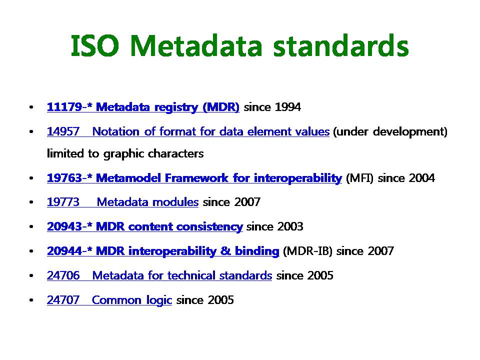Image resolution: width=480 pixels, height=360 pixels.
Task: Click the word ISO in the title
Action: pos(94,46)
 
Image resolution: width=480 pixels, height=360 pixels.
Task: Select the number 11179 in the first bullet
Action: pos(64,107)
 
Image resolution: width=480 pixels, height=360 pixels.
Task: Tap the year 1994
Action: pos(288,107)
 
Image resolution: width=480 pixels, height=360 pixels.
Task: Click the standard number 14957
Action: pos(63,131)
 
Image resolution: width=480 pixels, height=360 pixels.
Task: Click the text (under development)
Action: pos(390,132)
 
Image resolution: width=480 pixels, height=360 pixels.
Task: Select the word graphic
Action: pos(123,153)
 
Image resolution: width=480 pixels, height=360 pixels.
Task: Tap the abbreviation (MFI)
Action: pos(359,178)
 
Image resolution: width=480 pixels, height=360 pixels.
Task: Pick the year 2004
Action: pos(421,178)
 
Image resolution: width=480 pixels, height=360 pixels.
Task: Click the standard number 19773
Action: pos(63,202)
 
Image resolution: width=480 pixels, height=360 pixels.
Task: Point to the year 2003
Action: pos(290,226)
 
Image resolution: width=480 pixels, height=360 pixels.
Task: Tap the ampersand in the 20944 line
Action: pos(225,251)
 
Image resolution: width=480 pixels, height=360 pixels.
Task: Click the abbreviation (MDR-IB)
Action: pos(307,251)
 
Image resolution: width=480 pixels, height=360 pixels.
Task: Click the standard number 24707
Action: pos(63,300)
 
